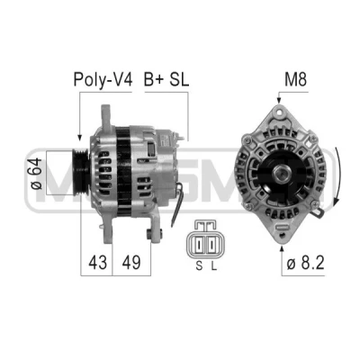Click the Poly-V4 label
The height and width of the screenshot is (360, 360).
pos(103,80)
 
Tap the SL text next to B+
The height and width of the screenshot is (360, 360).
pos(179,79)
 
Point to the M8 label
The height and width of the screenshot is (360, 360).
pos(295,79)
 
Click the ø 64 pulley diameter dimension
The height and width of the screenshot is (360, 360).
pos(36,174)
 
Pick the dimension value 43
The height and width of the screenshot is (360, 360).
pos(97,263)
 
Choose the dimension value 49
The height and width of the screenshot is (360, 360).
pos(131,263)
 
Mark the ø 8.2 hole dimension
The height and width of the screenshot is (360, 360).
pos(305,264)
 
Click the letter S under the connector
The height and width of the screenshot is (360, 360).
pos(199,265)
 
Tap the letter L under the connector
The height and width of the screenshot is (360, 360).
pos(213,265)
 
